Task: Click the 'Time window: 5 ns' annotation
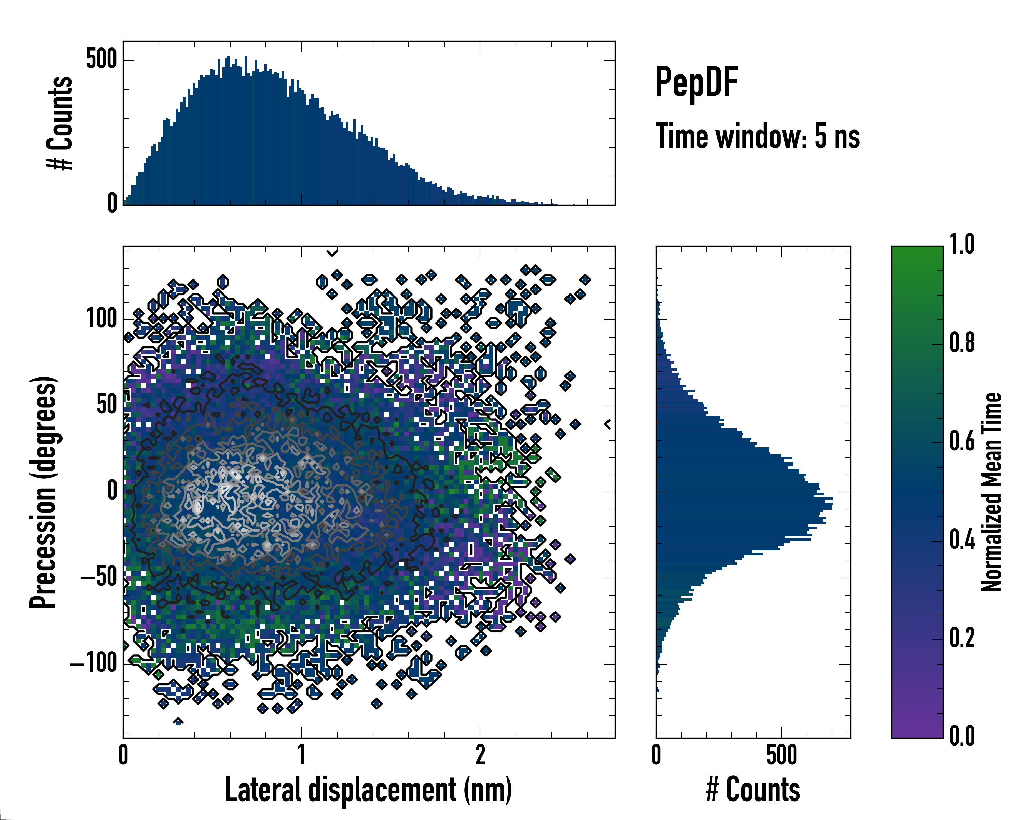758,136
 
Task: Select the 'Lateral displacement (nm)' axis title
368,790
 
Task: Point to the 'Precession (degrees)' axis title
44,492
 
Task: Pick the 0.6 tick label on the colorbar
962,441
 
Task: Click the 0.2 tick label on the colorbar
962,638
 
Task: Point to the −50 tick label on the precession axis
99,577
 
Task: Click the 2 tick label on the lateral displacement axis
480,755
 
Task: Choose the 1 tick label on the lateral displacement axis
301,755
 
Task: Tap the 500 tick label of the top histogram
101,59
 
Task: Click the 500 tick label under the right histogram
782,755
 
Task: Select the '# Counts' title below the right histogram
753,790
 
